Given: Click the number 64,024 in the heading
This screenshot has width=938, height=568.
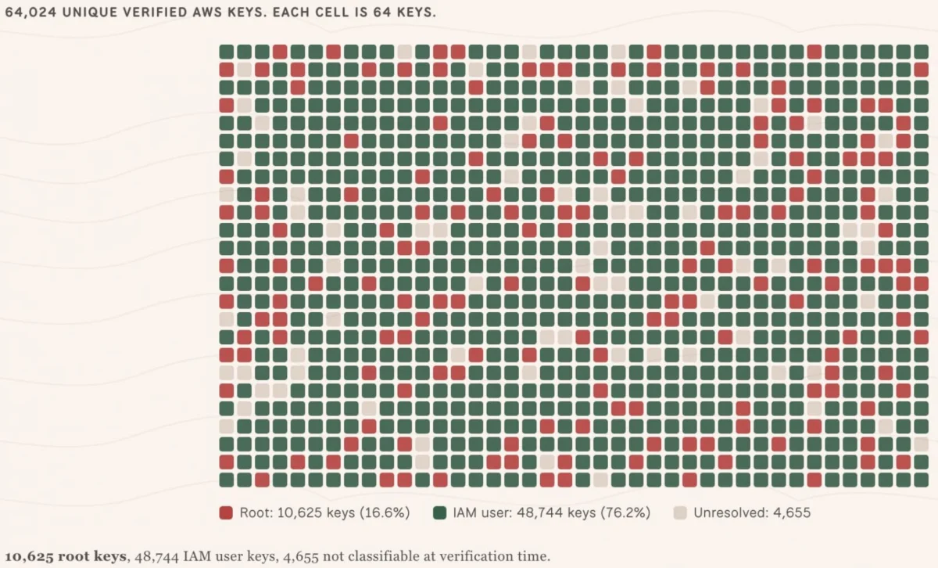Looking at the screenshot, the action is tap(30, 13).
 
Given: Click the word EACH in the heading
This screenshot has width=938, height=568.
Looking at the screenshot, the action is tap(291, 13).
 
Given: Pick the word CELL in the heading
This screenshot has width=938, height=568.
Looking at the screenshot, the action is tap(331, 13).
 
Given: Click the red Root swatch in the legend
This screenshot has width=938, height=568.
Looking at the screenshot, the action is tap(226, 512).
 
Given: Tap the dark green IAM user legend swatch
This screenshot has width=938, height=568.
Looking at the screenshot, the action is tap(439, 512).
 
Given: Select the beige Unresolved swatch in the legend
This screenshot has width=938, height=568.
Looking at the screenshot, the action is tap(680, 512).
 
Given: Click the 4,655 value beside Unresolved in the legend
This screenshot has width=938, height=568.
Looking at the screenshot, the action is tap(792, 513).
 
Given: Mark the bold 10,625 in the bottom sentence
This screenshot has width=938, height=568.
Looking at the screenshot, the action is tap(30, 557).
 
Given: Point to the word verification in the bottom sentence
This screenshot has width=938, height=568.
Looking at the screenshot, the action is tap(477, 556).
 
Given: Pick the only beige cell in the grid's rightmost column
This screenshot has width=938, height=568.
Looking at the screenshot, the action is tap(921, 444).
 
